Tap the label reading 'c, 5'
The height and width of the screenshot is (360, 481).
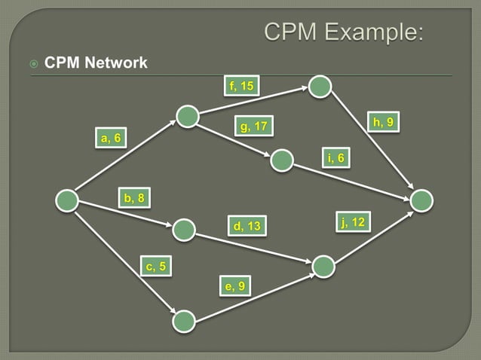coord(156,265)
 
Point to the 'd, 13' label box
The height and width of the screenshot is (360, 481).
coord(247,226)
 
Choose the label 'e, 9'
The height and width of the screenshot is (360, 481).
coord(234,285)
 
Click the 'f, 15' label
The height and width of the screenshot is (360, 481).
coord(241,86)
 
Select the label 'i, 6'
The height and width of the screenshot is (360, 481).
coord(335,157)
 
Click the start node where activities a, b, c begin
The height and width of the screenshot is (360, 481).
coord(67,200)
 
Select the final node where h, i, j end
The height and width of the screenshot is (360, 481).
coord(422,200)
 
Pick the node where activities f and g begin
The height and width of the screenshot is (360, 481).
coord(187,116)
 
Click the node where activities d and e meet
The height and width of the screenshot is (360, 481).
coord(323,266)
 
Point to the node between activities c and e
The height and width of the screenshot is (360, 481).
coord(184,322)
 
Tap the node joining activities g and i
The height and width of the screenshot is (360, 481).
coord(281,160)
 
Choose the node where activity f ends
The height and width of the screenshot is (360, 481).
coord(320,87)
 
